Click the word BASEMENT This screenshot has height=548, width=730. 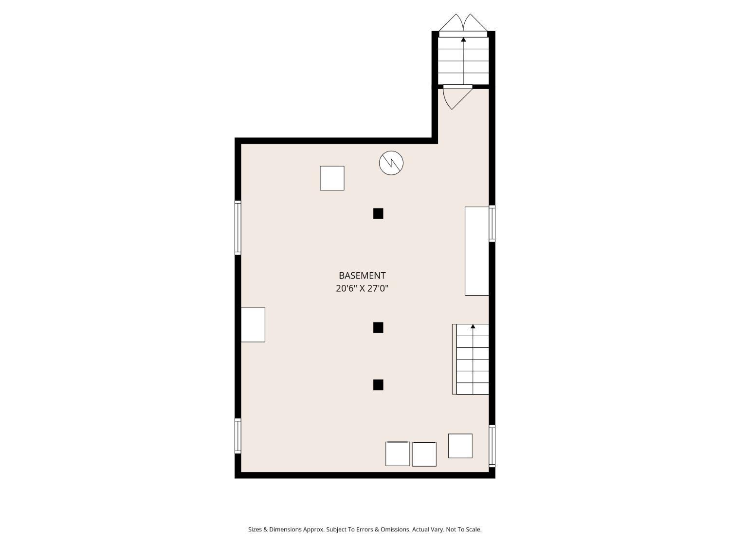click(x=362, y=276)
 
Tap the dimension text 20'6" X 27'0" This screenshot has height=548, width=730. click(x=362, y=288)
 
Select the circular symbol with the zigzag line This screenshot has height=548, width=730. click(x=391, y=163)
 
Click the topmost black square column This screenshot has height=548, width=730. click(x=378, y=214)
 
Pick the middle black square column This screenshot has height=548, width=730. click(x=378, y=328)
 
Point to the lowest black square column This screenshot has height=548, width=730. click(x=378, y=385)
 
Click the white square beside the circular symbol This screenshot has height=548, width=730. click(x=332, y=178)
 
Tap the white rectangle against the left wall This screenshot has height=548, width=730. click(x=253, y=325)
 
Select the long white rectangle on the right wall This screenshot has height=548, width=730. click(x=476, y=251)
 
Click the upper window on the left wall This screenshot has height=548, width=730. click(x=238, y=227)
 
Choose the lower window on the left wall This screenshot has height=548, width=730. click(x=238, y=436)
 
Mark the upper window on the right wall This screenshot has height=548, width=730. click(x=492, y=224)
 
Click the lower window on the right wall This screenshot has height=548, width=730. click(x=492, y=446)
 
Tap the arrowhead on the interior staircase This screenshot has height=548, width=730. click(x=473, y=327)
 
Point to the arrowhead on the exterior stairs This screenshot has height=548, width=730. click(x=463, y=39)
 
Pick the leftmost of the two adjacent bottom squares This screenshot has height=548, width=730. click(x=398, y=454)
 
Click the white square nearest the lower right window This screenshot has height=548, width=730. click(x=460, y=446)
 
